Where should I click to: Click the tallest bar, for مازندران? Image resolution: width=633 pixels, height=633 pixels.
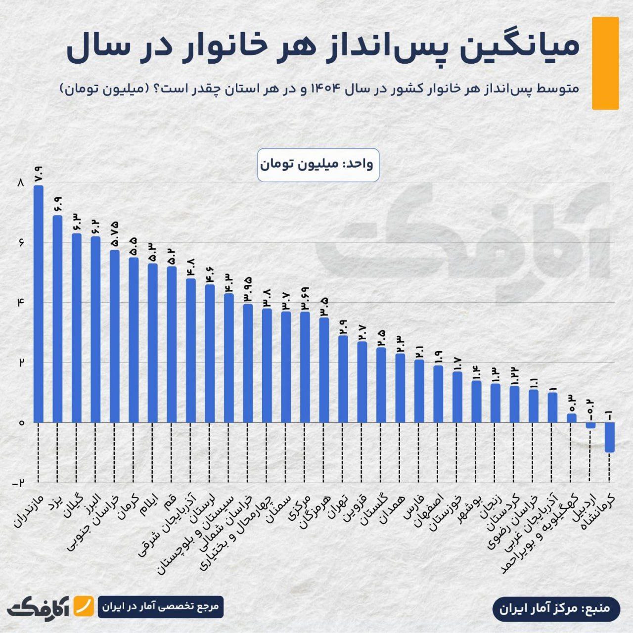click(39, 304)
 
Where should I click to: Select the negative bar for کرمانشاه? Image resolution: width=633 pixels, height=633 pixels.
click(609, 437)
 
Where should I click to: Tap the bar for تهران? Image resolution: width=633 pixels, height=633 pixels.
click(343, 379)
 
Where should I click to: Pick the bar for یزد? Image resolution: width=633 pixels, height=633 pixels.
click(57, 318)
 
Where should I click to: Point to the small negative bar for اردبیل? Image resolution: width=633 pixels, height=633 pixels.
click(590, 425)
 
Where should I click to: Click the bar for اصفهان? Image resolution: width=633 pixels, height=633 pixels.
click(438, 394)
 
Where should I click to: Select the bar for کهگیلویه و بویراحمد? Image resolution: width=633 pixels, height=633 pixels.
click(571, 418)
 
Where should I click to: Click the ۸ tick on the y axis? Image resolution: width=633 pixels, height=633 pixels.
click(20, 183)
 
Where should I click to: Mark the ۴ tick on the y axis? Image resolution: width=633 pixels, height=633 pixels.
click(20, 303)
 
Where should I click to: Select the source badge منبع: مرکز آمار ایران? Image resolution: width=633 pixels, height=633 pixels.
click(556, 607)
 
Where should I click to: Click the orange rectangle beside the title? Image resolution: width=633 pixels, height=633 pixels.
click(605, 63)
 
